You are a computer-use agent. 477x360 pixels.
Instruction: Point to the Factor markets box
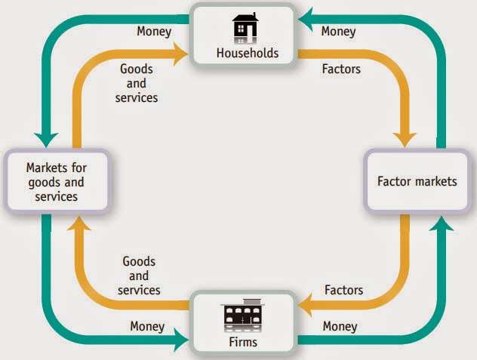[x=417, y=181]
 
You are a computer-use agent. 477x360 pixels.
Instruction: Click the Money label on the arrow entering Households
[x=338, y=32]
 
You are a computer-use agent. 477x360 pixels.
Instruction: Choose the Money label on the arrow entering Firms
[x=147, y=326]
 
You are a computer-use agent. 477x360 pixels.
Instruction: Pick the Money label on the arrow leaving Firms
[x=340, y=326]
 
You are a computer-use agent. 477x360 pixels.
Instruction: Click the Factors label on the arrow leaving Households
[x=341, y=69]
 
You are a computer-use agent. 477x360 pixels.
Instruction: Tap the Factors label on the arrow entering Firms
[x=343, y=290]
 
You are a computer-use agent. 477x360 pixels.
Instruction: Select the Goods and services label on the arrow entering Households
[x=137, y=83]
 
